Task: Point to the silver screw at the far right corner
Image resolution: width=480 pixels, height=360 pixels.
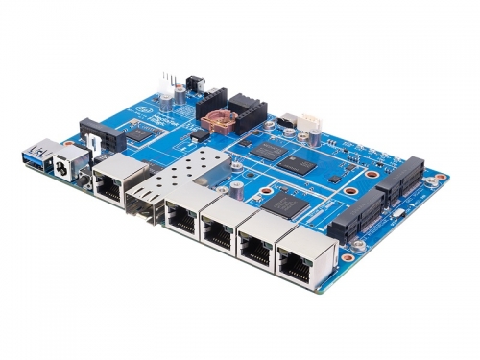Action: pos(443,178)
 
